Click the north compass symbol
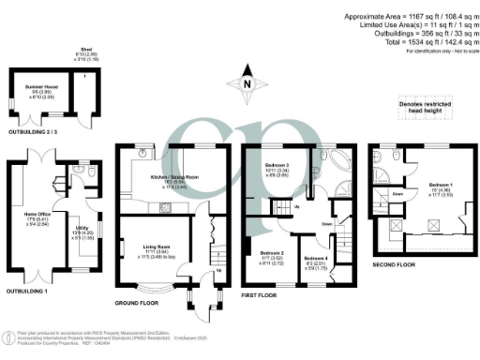[x=247, y=84]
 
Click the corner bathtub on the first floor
[x=327, y=165]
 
